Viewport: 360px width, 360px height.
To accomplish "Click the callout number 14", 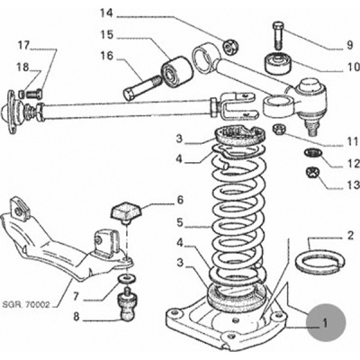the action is tap(107, 13).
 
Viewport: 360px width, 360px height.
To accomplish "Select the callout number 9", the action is tap(350, 45).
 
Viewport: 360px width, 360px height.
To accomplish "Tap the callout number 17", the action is tap(24, 46).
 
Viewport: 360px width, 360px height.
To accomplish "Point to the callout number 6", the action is tap(180, 200).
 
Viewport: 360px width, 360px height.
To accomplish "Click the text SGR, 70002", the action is tap(25, 305).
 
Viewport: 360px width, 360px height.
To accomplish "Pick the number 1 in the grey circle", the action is tap(325, 324).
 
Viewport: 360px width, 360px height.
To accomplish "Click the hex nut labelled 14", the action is tap(229, 46).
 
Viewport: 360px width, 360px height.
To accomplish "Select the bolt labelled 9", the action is tap(278, 35).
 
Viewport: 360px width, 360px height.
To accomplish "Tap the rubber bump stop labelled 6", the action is tap(125, 212).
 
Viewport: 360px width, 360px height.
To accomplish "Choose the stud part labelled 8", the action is tap(128, 304).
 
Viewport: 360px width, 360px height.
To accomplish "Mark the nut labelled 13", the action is tap(313, 173).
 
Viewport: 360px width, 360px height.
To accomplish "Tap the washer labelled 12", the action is tap(313, 153).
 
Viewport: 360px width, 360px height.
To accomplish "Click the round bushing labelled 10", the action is tap(279, 63).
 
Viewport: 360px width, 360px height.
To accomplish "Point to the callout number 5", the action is tap(180, 223).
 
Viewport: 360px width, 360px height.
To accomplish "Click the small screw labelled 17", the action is tap(34, 94).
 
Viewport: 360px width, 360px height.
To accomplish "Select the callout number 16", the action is tap(107, 56).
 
